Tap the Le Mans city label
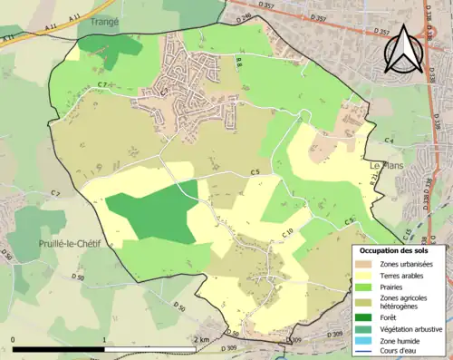click(x=388, y=165)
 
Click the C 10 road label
click(x=287, y=234)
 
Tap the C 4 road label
click(x=388, y=141)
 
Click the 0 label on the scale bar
click(x=13, y=339)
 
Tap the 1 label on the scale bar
click(x=104, y=339)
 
